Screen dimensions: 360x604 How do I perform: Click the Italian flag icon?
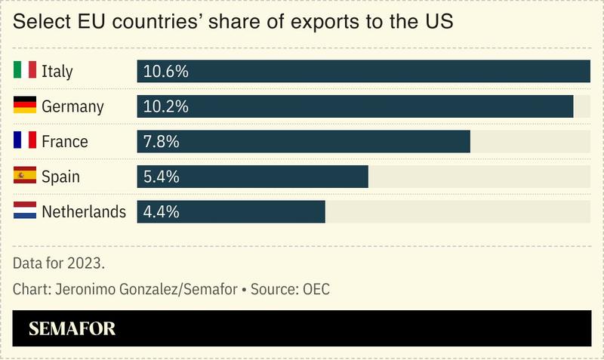pos(25,71)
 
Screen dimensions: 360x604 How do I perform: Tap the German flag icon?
pos(25,106)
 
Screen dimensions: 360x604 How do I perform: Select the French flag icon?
pos(25,141)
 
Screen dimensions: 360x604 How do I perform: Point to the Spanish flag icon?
pos(25,176)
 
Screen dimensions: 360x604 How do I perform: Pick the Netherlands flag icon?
pos(25,211)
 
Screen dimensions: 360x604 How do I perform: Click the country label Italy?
pos(57,72)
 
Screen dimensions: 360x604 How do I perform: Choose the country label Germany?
pos(72,106)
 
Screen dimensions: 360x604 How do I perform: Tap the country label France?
pos(65,142)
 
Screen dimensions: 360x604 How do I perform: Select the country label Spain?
pos(60,177)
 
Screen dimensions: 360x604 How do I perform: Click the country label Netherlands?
pos(84,211)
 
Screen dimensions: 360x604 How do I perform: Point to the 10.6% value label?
pos(165,72)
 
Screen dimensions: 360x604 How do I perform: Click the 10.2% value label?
pos(165,106)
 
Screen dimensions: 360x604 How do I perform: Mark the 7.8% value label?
pos(162,142)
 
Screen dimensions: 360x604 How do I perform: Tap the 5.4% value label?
pos(162,177)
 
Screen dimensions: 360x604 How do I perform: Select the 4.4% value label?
pos(162,211)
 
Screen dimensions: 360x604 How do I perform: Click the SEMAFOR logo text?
pos(72,329)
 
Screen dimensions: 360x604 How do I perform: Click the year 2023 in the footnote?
pos(85,263)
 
